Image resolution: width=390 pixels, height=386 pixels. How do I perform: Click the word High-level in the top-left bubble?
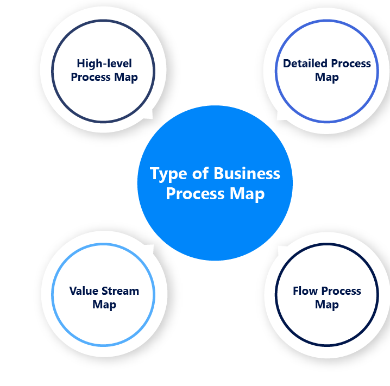pyautogui.click(x=104, y=63)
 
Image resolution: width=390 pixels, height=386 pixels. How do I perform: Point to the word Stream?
pyautogui.click(x=119, y=291)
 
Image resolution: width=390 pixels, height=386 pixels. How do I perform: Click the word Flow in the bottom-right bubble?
pyautogui.click(x=305, y=291)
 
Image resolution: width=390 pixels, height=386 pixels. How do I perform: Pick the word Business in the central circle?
pyautogui.click(x=247, y=174)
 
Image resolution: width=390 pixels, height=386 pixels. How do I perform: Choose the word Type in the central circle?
pyautogui.click(x=169, y=174)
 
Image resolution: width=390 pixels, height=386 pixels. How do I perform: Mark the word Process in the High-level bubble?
pyautogui.click(x=91, y=77)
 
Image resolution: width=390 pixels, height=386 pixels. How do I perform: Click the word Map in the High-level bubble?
pyautogui.click(x=126, y=77)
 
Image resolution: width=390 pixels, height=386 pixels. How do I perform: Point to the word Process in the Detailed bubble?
pyautogui.click(x=351, y=64)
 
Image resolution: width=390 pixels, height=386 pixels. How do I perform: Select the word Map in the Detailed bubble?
pyautogui.click(x=327, y=77)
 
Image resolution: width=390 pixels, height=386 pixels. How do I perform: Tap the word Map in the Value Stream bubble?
pyautogui.click(x=104, y=305)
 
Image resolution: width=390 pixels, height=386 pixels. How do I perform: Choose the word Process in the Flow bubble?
pyautogui.click(x=341, y=291)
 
